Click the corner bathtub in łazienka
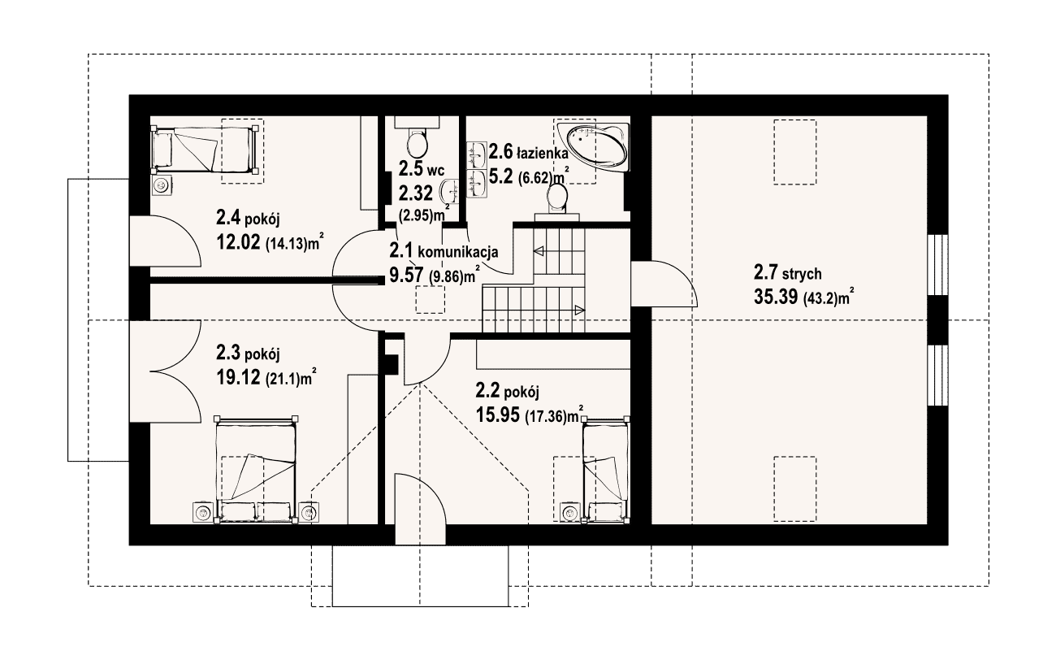pos(593,147)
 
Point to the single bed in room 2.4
pos(204,149)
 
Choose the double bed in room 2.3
pos(255,470)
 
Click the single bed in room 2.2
pos(606,471)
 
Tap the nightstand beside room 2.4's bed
pos(162,185)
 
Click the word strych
pos(802,274)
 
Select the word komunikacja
pos(458,253)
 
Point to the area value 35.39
pos(776,297)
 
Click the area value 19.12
pos(238,377)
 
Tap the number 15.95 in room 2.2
pos(498,415)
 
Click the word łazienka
pos(543,154)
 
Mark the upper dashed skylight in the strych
pos(795,152)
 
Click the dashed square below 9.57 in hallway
pos(430,301)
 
